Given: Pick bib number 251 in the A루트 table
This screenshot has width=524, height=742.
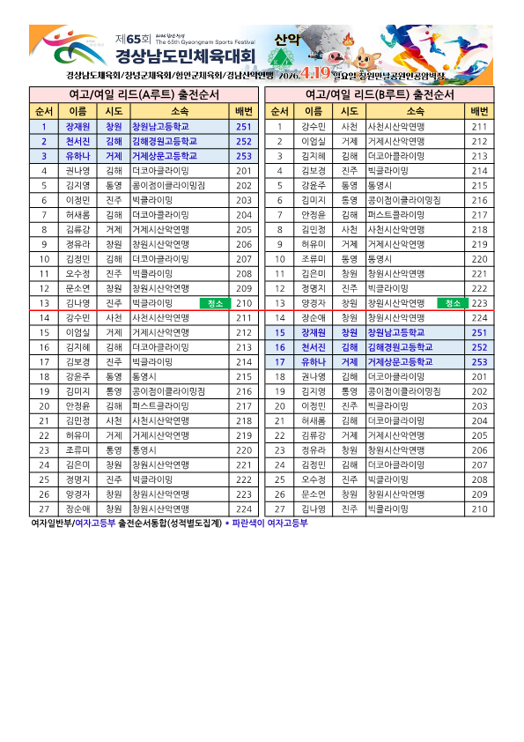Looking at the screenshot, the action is [244, 127].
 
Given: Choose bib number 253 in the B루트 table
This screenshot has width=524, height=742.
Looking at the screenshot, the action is [479, 361].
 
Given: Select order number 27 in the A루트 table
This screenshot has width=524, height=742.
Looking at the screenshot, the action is [44, 508].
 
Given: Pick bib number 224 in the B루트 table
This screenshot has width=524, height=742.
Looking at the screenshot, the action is [479, 317].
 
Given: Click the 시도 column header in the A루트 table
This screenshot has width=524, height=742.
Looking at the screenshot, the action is [114, 111].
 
